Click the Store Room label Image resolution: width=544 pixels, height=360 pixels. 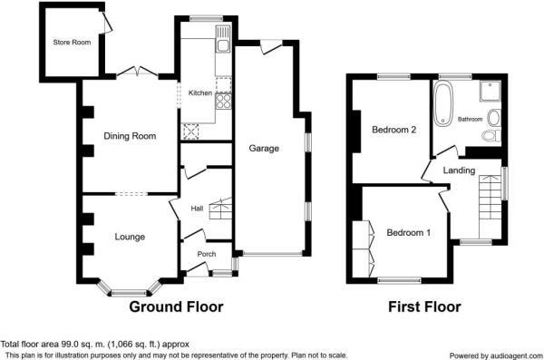[x=72, y=42]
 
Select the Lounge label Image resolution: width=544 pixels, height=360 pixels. [x=130, y=237]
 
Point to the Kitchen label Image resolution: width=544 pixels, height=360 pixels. [x=199, y=92]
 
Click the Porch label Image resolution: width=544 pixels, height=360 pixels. [x=207, y=254]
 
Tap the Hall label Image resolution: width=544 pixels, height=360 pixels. [x=196, y=209]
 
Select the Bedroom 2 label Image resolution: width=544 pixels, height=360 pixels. [x=394, y=130]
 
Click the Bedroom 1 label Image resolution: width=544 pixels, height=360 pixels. [x=408, y=233]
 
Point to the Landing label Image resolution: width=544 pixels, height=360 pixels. [x=460, y=170]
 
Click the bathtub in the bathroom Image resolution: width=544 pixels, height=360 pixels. [x=443, y=104]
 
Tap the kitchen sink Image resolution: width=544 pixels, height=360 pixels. [x=222, y=40]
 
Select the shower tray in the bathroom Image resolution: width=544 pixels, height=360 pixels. [x=491, y=91]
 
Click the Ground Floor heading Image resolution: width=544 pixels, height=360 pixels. [x=176, y=306]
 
